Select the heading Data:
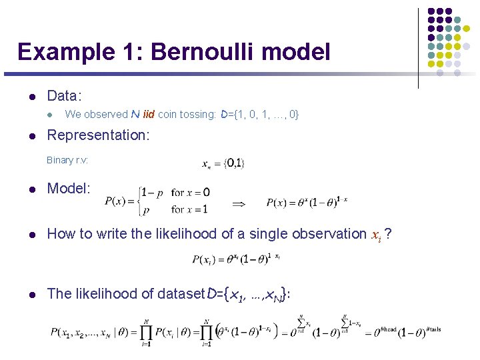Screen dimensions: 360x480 click(x=65, y=96)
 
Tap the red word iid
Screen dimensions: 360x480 click(x=149, y=115)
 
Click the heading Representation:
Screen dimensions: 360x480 click(x=98, y=135)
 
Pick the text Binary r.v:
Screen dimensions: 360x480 click(x=67, y=160)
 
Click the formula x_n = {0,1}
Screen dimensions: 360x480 click(x=223, y=163)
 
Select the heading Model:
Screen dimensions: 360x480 click(x=69, y=188)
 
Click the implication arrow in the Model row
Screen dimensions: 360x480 click(x=239, y=201)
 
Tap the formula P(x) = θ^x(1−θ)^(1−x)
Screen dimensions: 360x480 click(x=307, y=202)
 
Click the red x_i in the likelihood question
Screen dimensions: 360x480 click(x=377, y=234)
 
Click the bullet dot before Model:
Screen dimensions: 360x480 click(x=31, y=189)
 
